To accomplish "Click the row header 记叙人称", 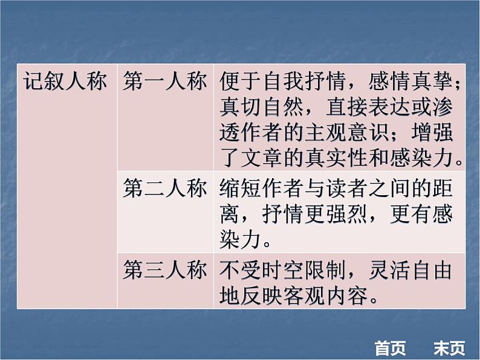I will tap(65, 82).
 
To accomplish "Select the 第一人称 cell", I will tap(164, 82).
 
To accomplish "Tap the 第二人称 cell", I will tap(164, 189).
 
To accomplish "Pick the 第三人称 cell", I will tap(164, 271).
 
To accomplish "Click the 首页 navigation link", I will tap(390, 349).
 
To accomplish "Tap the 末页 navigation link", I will tap(449, 349).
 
